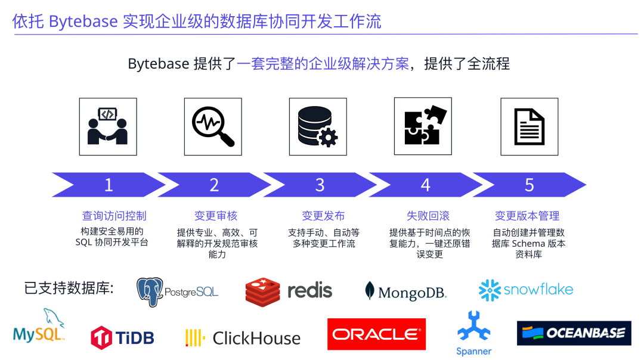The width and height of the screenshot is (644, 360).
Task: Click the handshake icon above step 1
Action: click(108, 126)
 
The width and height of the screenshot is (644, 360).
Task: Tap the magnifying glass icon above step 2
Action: click(213, 126)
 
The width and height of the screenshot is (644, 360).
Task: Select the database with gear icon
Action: click(318, 126)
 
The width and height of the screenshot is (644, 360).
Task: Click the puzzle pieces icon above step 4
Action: click(423, 126)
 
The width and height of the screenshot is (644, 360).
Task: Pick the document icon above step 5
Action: click(529, 126)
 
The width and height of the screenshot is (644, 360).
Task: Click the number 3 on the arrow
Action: click(320, 185)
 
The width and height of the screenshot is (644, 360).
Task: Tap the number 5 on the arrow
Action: click(529, 185)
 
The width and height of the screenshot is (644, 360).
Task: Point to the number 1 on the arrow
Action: click(109, 185)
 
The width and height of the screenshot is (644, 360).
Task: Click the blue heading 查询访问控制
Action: click(114, 216)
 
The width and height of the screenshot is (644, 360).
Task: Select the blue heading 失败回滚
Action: click(428, 216)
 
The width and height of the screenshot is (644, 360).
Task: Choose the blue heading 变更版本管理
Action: click(527, 216)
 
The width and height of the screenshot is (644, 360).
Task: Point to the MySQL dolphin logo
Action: click(39, 327)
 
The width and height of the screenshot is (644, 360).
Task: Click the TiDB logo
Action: click(122, 338)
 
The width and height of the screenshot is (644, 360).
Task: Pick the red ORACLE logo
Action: click(376, 334)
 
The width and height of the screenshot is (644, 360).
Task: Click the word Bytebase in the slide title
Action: click(83, 21)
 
